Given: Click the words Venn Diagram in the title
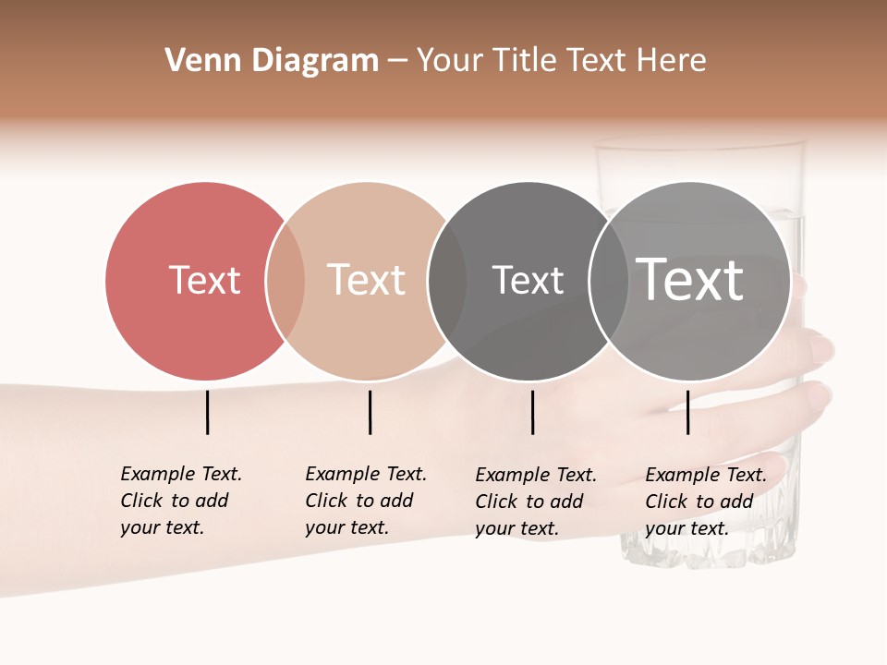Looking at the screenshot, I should coord(272,61).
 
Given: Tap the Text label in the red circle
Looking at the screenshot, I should coord(204,280).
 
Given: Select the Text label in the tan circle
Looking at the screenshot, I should coord(366,280).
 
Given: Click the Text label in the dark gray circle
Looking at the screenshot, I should coord(528,280).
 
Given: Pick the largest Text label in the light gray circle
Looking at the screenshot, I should coord(690,280).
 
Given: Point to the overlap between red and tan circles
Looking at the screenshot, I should coord(285,281).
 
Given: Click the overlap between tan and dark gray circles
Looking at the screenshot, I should coord(446,281).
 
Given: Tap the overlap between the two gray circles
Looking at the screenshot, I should coord(608,281).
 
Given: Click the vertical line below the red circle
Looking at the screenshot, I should coord(207,412).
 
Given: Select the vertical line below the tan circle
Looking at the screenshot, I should coord(370,412).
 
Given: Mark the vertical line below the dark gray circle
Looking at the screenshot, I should coord(532,412).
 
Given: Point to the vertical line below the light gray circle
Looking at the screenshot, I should coord(687,412).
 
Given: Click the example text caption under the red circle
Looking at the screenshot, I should coord(180,501).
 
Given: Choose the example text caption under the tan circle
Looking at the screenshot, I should coord(365,501).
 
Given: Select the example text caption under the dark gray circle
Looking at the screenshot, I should coord(535,502).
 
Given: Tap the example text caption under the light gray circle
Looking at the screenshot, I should coord(705,502).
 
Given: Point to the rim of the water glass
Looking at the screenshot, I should coord(699,143).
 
